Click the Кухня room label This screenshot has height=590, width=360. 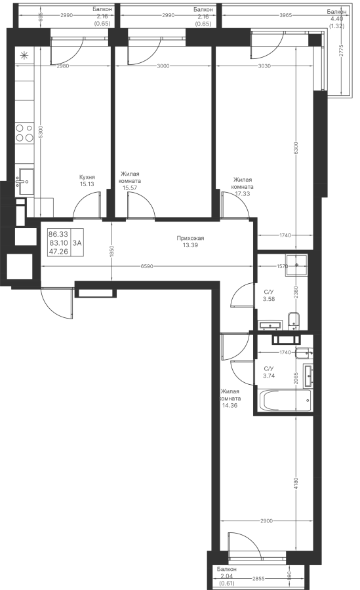87,177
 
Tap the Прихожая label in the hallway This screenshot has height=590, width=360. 191,238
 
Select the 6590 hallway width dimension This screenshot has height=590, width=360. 147,266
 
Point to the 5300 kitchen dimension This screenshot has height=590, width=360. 41,131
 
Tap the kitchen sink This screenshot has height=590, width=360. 25,182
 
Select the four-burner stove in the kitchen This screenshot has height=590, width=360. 24,133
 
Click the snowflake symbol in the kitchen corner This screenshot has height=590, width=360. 24,56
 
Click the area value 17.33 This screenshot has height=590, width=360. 243,194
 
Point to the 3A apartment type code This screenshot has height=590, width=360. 77,243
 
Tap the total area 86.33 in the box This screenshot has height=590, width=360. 58,235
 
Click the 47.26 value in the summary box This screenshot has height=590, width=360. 58,252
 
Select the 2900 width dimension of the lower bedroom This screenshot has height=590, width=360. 266,521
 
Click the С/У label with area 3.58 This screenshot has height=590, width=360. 268,292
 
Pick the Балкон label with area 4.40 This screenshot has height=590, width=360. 336,12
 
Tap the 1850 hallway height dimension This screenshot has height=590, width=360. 112,250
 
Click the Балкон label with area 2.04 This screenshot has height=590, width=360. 227,569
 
